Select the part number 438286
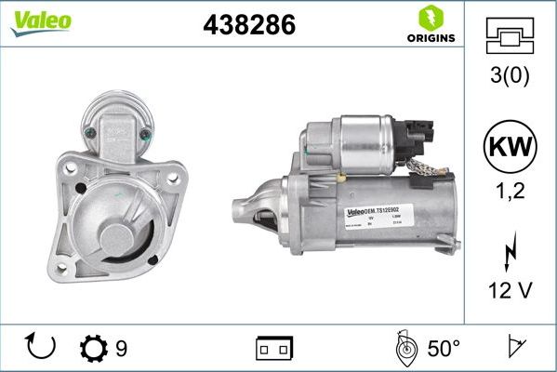248,26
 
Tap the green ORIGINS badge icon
431,17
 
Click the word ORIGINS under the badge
431,39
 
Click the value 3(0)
510,76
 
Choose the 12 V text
510,291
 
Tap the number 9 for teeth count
121,349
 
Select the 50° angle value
444,349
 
